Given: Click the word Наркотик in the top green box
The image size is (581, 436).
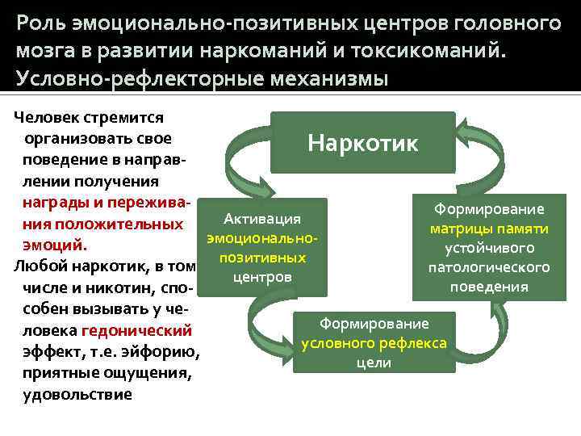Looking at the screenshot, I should [x=363, y=144].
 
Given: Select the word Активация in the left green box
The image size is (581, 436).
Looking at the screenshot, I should [x=262, y=219].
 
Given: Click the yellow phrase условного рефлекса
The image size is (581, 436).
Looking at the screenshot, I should [x=374, y=343].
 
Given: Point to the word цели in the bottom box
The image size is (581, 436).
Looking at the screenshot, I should [x=374, y=363].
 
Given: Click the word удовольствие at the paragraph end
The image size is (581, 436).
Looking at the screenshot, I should [x=78, y=394].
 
